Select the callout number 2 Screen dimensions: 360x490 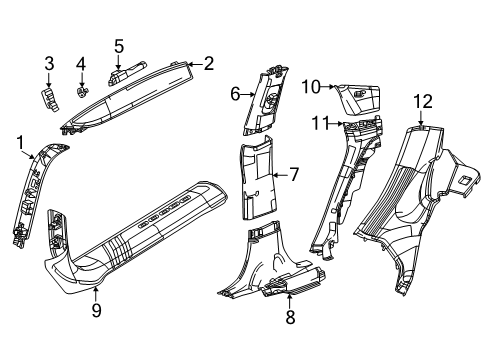pos(208,64)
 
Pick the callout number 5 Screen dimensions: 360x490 pos(118,45)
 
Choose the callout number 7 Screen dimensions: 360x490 pos(294,174)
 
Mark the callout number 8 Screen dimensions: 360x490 pos(290,318)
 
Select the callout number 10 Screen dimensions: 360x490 pos(311,87)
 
